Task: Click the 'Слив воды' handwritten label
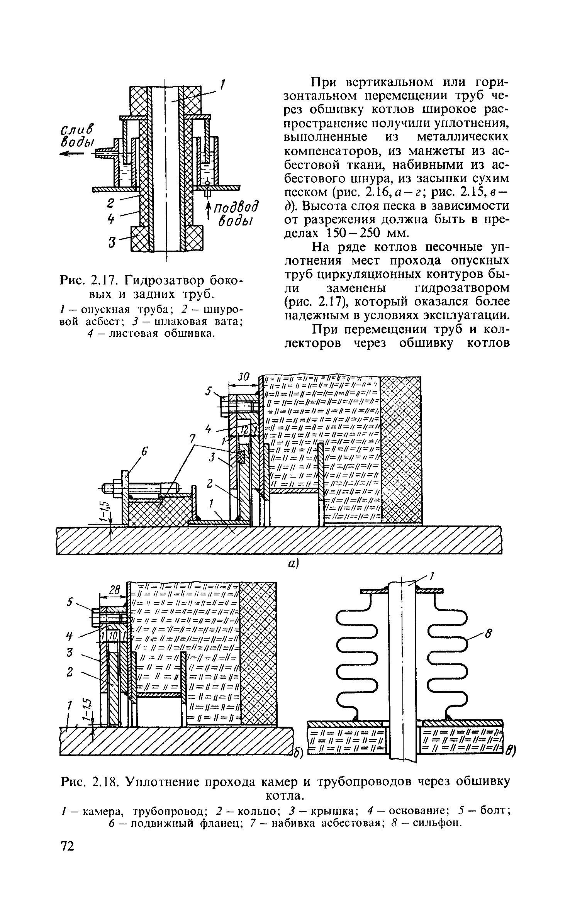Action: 77,136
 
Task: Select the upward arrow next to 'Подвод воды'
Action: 209,212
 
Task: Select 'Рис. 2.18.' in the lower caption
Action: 91,782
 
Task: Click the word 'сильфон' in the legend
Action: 438,823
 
